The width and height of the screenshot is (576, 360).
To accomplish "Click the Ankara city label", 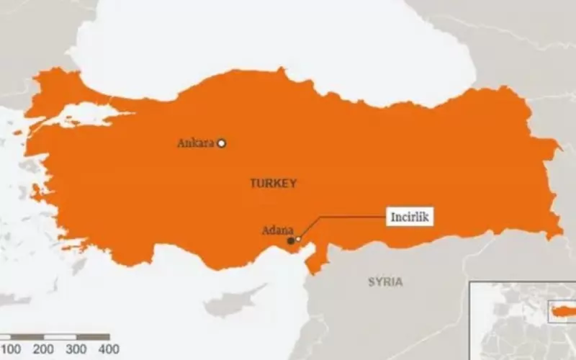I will click(196, 143).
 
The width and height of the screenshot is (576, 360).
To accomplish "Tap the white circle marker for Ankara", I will click(222, 143).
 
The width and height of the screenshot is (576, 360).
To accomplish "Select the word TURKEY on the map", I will click(273, 184).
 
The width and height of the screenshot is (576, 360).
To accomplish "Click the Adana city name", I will click(277, 231).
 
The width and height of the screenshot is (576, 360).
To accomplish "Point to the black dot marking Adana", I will click(290, 240).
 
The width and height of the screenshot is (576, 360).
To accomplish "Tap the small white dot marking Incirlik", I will click(298, 239).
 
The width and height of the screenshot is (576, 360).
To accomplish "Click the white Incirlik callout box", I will click(413, 216).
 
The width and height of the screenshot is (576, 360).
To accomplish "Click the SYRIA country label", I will click(385, 282).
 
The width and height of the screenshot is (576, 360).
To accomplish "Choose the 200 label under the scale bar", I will click(43, 349).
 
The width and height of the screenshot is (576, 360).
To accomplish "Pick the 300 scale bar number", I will click(76, 349).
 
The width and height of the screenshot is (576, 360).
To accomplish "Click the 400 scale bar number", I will click(108, 349).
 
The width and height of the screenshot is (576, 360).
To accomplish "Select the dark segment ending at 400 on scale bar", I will click(93, 336).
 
